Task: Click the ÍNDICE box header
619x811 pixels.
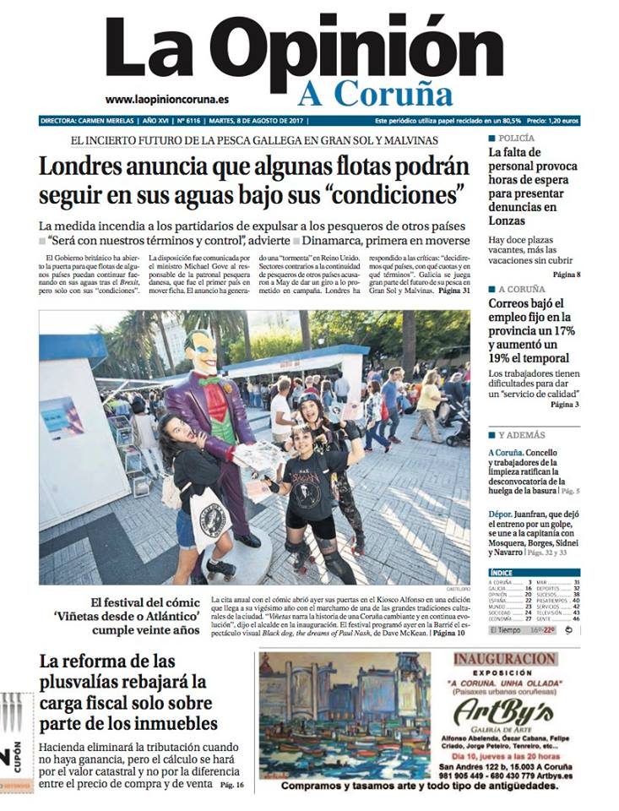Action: (x=501, y=572)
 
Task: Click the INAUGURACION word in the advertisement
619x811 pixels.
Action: (x=504, y=659)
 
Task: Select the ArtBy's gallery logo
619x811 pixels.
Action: (x=504, y=714)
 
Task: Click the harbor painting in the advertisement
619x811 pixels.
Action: (x=344, y=714)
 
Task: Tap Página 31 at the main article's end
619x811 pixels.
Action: (x=453, y=291)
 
